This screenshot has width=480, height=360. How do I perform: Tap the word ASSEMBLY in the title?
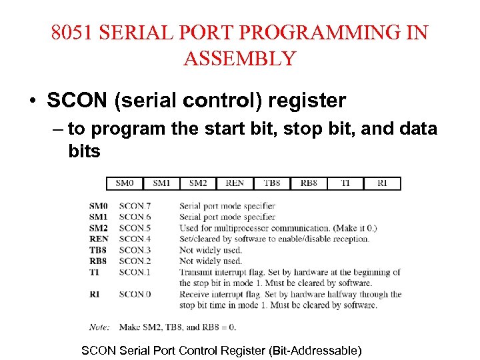tap(239, 59)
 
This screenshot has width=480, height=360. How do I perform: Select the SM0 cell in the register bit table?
tap(125, 183)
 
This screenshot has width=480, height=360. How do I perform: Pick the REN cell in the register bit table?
tap(235, 183)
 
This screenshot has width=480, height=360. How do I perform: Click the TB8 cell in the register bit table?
tap(271, 183)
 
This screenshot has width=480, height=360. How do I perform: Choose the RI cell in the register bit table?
tap(381, 183)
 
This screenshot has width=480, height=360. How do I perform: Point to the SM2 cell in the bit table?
tap(198, 183)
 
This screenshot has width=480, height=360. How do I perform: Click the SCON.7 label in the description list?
tap(135, 206)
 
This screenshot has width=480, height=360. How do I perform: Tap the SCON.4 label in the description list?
tap(135, 239)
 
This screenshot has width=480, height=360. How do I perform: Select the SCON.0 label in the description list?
tap(135, 294)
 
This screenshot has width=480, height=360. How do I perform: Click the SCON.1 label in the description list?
tap(135, 272)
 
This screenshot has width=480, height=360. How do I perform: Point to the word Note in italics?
tap(99, 327)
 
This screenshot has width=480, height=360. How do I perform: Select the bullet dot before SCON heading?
tap(32, 101)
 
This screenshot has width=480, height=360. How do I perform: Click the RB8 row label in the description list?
tap(97, 261)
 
